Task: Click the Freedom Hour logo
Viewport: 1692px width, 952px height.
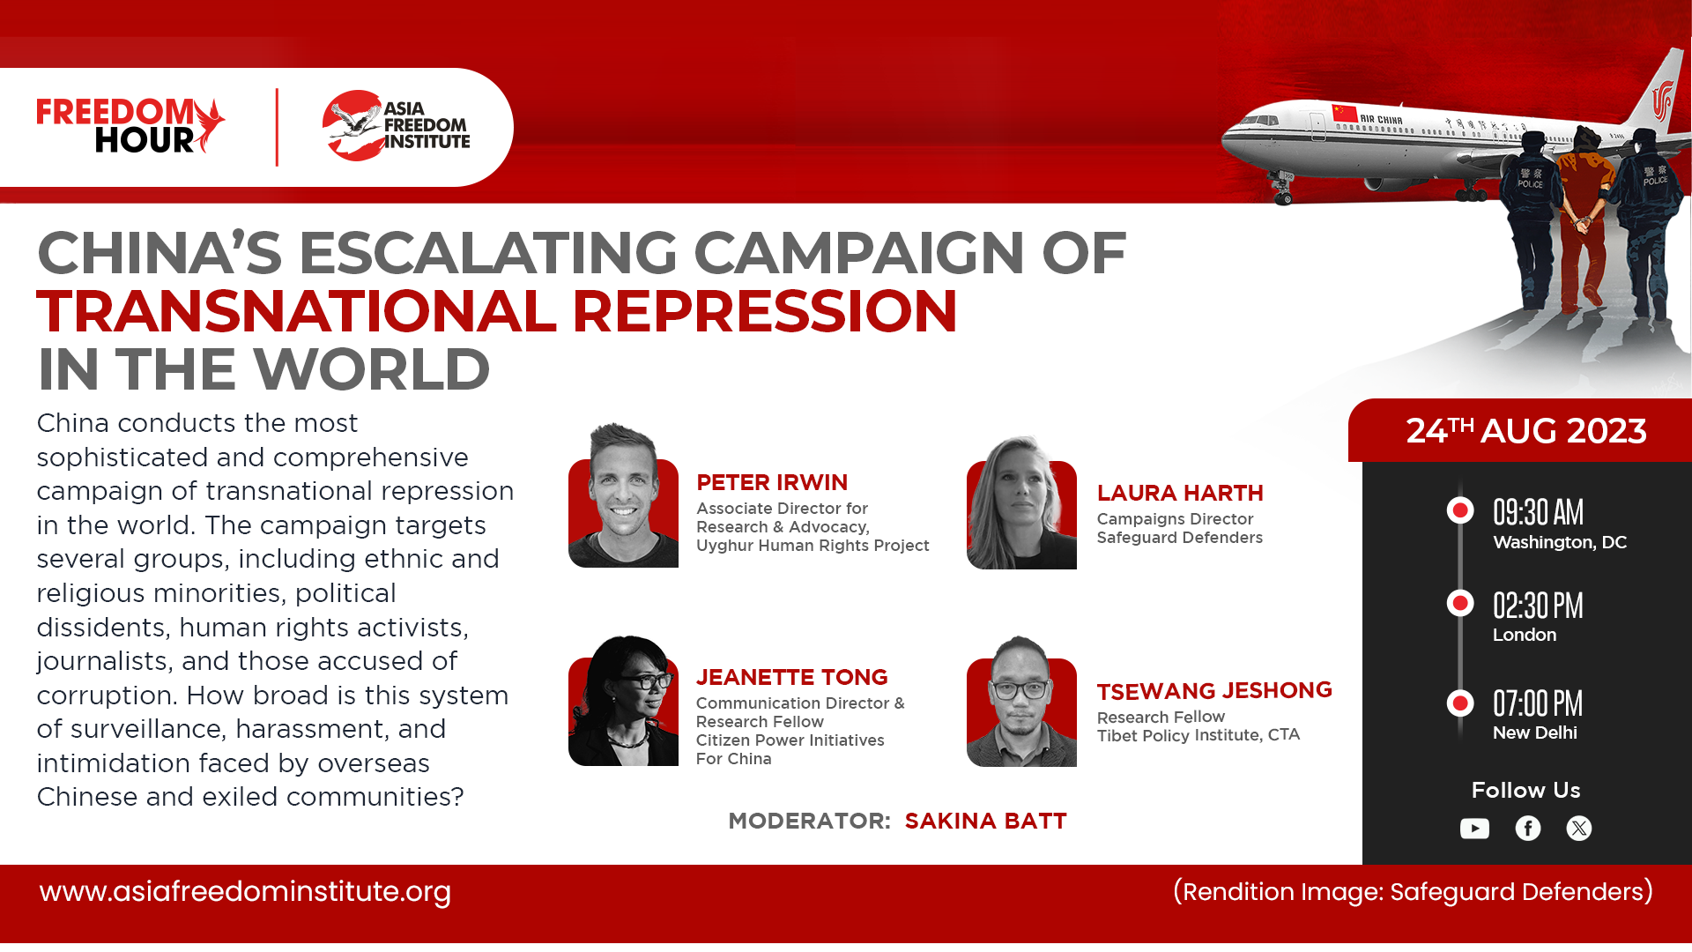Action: (x=130, y=125)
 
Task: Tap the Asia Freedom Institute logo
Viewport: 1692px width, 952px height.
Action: (x=396, y=125)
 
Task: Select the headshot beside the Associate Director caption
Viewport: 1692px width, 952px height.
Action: (x=623, y=495)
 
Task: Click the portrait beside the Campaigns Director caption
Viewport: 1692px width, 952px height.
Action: (x=1021, y=502)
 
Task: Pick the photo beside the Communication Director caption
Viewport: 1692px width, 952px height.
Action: (x=623, y=700)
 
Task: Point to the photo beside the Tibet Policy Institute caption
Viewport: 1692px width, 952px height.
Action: (x=1021, y=701)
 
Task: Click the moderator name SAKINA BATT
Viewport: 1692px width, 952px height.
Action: (x=985, y=821)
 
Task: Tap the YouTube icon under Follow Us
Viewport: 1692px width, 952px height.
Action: (x=1474, y=829)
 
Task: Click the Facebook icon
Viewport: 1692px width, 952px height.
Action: (x=1528, y=829)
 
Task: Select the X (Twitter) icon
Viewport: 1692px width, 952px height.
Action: (x=1579, y=829)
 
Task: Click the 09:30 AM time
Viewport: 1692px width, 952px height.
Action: (x=1538, y=512)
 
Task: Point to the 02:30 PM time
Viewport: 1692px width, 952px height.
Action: (x=1538, y=606)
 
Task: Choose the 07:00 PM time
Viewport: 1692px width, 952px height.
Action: (x=1538, y=703)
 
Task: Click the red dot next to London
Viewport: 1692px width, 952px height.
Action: (x=1460, y=603)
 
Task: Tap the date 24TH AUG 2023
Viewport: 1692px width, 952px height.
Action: (x=1526, y=431)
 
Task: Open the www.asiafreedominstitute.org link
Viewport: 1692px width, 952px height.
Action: (x=245, y=892)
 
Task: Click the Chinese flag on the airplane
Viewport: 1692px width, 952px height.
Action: (x=1345, y=113)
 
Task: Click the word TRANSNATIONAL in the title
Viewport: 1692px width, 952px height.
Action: (x=297, y=311)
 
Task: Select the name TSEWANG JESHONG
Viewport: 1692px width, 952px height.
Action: (x=1214, y=690)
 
